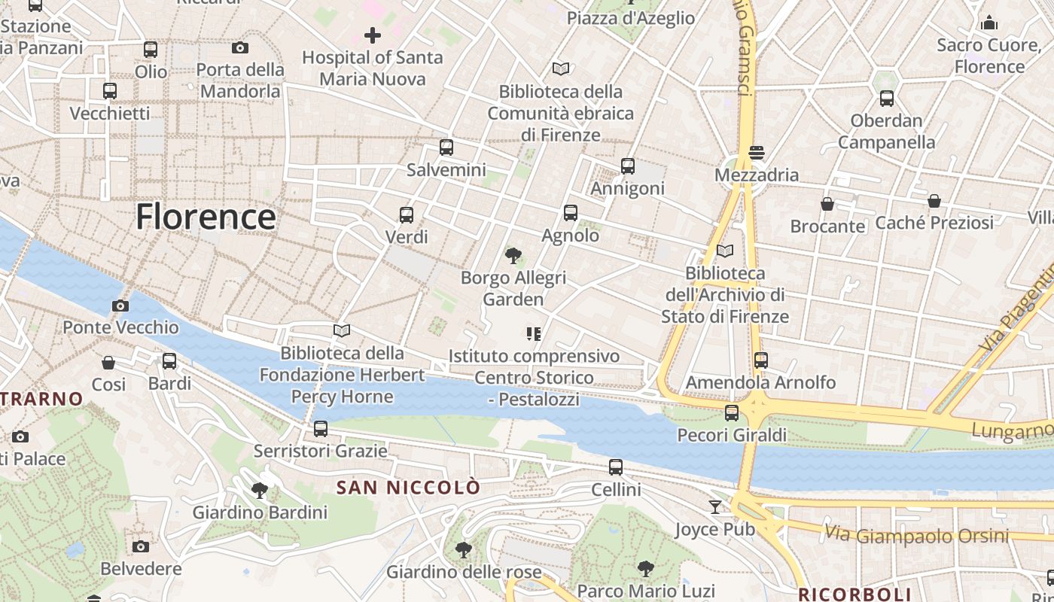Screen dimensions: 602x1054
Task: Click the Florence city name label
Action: (x=206, y=217)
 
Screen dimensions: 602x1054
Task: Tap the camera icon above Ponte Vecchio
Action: (x=120, y=306)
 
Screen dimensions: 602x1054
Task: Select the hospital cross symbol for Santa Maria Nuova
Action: (x=372, y=35)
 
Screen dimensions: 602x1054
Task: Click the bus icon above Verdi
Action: (x=407, y=215)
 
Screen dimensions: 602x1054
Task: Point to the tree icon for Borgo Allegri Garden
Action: (x=513, y=256)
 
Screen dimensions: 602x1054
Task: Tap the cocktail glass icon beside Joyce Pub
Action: (x=715, y=507)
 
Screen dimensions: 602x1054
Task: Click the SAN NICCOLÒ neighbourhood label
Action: (x=407, y=488)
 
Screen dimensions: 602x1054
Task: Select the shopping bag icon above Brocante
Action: (x=827, y=204)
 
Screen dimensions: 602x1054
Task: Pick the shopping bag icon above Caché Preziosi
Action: (x=934, y=201)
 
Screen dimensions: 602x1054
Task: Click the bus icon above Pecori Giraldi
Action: (x=732, y=412)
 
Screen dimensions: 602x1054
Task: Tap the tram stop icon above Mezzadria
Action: (x=757, y=153)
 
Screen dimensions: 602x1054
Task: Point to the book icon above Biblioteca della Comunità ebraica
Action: (x=561, y=69)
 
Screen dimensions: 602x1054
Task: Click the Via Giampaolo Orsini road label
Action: (x=916, y=535)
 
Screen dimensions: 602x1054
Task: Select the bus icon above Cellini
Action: (x=616, y=467)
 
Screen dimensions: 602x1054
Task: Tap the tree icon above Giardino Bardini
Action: (x=260, y=491)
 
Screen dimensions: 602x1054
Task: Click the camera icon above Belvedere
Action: (x=141, y=546)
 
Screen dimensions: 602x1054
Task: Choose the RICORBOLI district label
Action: (x=854, y=594)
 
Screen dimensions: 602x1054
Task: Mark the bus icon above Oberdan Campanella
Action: (x=887, y=99)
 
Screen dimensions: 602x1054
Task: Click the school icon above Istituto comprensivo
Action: (x=534, y=333)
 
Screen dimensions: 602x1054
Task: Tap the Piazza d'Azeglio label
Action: (x=631, y=18)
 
